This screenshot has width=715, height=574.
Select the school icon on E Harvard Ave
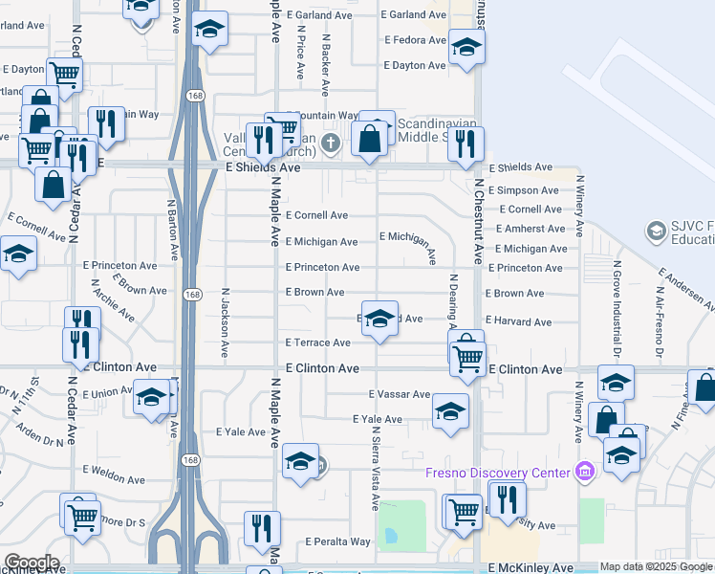[379, 320]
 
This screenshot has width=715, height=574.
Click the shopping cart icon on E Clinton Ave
[467, 358]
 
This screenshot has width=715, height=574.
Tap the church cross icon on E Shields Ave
[331, 144]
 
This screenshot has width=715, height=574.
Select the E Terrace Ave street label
[317, 342]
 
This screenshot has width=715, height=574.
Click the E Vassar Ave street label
[400, 394]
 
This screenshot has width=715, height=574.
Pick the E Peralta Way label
[337, 541]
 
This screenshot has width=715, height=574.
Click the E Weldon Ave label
[119, 471]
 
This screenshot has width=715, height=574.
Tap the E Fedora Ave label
[415, 40]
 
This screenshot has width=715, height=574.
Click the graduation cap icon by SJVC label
[657, 231]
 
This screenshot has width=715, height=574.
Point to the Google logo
[31, 563]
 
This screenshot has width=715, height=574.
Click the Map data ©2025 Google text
[656, 567]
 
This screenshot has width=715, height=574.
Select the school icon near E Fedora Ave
[467, 48]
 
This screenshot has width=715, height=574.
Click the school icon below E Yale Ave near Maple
[300, 462]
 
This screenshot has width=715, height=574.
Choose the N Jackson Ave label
[227, 322]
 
